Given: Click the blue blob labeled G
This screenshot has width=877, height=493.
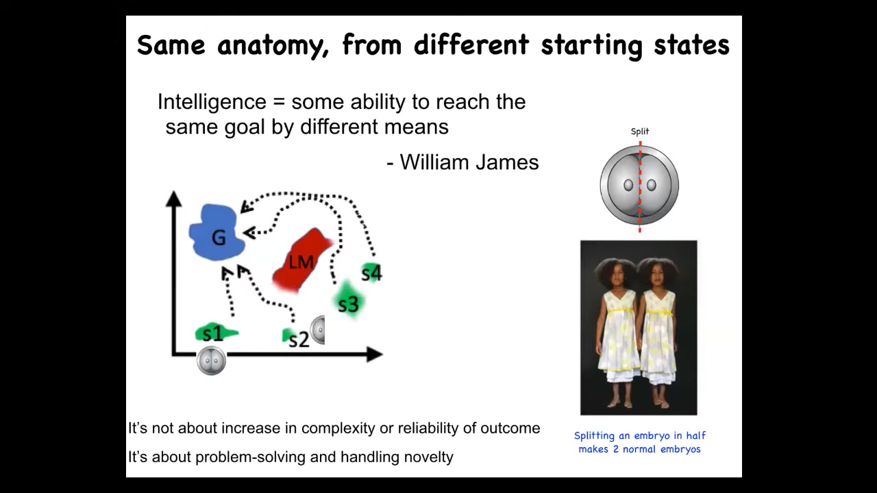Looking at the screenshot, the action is point(217,232).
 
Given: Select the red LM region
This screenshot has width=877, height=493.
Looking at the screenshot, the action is point(301,260).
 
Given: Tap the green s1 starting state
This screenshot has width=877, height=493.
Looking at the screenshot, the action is point(216,333).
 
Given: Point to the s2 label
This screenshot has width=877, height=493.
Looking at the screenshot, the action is point(299,340).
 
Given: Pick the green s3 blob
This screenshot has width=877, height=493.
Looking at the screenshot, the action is point(348,300).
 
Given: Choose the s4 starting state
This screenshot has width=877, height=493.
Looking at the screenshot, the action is point(371,272).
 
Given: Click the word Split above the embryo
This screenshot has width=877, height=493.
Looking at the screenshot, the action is point(640,131).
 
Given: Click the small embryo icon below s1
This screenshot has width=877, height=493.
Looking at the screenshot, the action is point(212,360).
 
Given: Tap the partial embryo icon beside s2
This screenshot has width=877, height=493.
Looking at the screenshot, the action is point(318,330).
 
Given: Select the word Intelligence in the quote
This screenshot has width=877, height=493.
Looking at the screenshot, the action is point(212,102).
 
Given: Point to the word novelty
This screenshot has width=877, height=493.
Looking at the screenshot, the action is point(429,457).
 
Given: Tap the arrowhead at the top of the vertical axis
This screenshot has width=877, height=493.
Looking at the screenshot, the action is point(173,198).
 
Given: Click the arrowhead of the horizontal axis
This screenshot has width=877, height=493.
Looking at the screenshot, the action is point(375,355).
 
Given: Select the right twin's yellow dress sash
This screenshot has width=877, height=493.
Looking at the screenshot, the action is point(660,312).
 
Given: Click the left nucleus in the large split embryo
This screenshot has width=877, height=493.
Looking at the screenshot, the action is point(628,185).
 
